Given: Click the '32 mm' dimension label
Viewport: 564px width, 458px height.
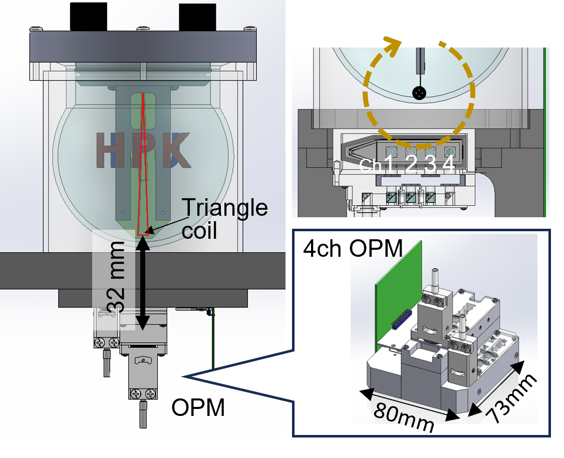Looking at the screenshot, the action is [x=116, y=277].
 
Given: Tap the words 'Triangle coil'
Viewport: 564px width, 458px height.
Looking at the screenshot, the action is [x=225, y=218].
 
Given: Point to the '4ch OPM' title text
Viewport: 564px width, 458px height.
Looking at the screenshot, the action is [x=353, y=248].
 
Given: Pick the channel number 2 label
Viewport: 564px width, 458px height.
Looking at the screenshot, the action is [x=410, y=165].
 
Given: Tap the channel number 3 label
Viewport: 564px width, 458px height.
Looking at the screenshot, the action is [x=430, y=165].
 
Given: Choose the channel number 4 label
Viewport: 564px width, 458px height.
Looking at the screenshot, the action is [x=448, y=165].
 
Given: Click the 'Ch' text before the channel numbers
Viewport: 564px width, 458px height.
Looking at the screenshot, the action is [x=371, y=165].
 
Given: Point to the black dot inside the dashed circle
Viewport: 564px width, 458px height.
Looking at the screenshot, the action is [x=419, y=93].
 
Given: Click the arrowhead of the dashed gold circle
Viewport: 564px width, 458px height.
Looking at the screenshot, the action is [x=393, y=46].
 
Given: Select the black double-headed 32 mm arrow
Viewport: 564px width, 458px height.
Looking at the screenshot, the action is [x=143, y=283].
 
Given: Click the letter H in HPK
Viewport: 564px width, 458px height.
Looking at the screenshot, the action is [x=111, y=150].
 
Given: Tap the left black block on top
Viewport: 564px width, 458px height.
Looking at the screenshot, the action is [x=89, y=17].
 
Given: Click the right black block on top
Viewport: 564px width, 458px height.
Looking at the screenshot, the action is [x=197, y=18].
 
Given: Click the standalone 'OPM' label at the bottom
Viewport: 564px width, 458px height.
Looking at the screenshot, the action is [x=198, y=407].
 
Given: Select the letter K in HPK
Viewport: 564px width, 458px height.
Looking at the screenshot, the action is [x=176, y=150].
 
